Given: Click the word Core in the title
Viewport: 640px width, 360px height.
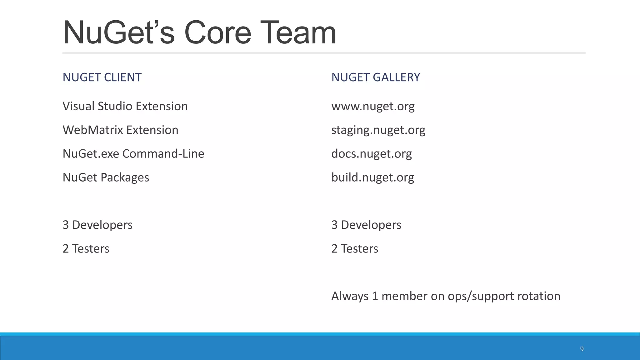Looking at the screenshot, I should [x=217, y=33].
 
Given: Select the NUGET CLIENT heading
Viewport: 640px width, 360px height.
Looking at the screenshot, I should [x=102, y=77].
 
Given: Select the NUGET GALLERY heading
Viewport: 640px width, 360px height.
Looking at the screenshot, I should [x=376, y=77].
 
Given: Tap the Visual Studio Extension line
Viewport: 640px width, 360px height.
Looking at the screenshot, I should [x=125, y=106].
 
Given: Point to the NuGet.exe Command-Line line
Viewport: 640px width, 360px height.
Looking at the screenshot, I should [x=133, y=154].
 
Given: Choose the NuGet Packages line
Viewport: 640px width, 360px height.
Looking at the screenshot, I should [x=106, y=177].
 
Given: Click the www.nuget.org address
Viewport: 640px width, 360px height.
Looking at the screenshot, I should [x=373, y=106].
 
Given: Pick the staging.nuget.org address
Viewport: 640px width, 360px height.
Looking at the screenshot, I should [x=378, y=130].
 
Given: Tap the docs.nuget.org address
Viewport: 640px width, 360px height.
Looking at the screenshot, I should [x=371, y=154].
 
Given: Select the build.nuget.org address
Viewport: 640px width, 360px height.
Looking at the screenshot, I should [x=372, y=177].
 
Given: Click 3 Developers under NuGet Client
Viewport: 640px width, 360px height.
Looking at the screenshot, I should [x=97, y=225].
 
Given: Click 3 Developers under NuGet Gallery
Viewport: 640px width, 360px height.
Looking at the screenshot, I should [x=366, y=225].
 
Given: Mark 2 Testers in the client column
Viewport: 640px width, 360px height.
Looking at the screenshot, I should [x=86, y=249].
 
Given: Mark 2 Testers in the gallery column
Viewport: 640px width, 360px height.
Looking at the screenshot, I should [x=354, y=249].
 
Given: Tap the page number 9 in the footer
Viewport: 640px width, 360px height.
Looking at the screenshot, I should [x=582, y=349].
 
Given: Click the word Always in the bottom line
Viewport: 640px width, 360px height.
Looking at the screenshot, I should [x=350, y=296].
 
